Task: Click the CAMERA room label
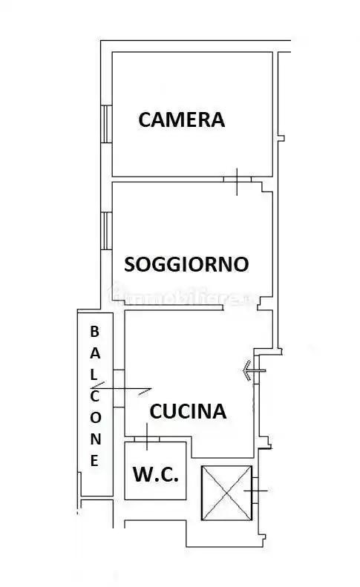[181, 119]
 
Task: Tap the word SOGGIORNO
[186, 263]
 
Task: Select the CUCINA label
[188, 411]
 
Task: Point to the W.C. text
[155, 475]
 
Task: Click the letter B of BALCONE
[94, 331]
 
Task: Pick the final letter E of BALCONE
[94, 460]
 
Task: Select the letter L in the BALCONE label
[94, 374]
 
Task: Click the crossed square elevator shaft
[226, 491]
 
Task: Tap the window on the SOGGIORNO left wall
[106, 230]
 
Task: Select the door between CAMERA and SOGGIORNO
[237, 180]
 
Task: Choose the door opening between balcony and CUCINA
[118, 387]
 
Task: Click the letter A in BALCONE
[94, 352]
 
